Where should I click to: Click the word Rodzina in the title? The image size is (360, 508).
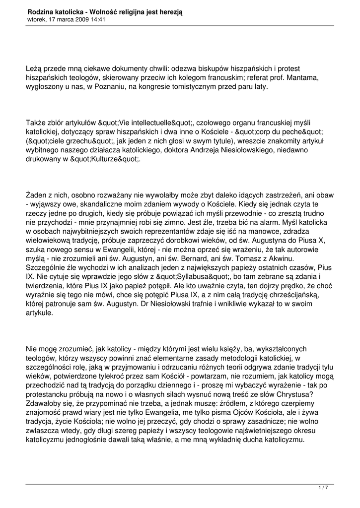coord(41,11)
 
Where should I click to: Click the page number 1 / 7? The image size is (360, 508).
coord(323,488)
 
